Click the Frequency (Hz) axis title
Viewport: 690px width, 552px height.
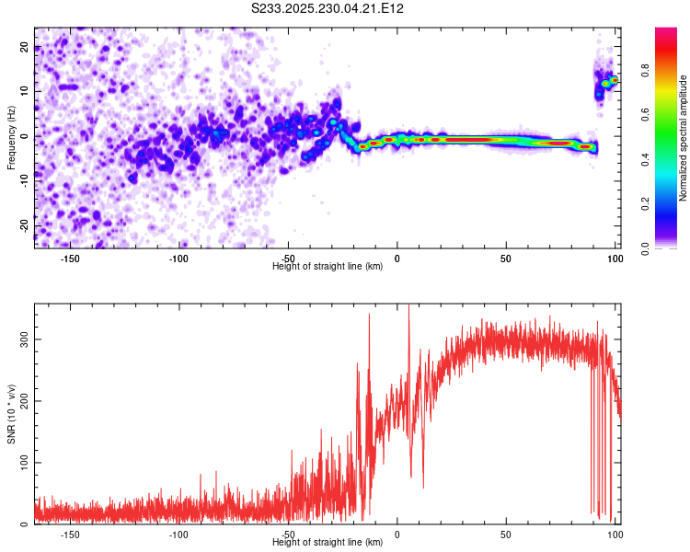(x=11, y=138)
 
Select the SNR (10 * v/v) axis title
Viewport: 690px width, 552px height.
(x=11, y=413)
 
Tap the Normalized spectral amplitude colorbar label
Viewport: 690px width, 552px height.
(x=684, y=138)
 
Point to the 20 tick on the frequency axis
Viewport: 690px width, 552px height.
(x=25, y=48)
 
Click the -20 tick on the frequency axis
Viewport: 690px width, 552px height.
(x=25, y=224)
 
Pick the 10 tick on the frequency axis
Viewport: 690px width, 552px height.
(x=25, y=92)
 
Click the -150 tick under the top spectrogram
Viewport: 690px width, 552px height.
(x=70, y=259)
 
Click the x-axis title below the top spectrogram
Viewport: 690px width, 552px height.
(x=328, y=266)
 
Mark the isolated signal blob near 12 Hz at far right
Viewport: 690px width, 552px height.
(x=606, y=84)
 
